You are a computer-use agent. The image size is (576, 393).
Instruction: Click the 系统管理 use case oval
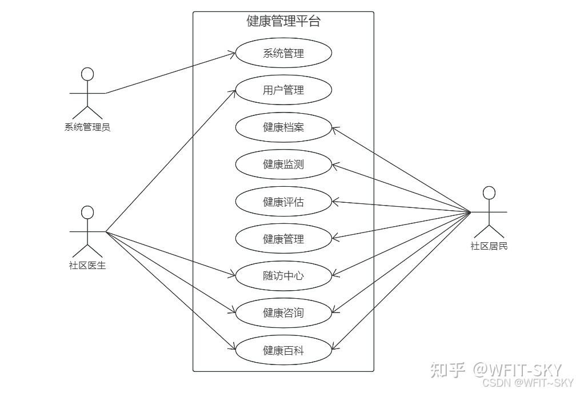point(283,54)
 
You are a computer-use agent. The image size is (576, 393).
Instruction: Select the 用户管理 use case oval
point(283,90)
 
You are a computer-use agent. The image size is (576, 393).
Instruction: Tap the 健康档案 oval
point(283,127)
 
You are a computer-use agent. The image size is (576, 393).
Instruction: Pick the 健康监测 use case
point(283,165)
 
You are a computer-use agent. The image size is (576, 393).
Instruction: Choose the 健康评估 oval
point(283,202)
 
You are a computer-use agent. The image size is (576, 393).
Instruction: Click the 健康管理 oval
point(283,239)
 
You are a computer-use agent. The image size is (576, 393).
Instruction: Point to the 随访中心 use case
point(283,276)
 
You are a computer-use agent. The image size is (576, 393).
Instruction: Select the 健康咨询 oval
point(283,312)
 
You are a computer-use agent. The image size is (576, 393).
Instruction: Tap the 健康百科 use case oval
point(283,350)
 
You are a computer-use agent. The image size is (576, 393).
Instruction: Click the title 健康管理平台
point(283,22)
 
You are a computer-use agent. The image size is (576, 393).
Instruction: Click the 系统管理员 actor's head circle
point(87,74)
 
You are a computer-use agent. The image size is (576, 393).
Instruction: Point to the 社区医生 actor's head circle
point(87,212)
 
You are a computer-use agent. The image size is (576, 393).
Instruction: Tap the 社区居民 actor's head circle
point(489,193)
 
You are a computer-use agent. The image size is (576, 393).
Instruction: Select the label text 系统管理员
point(87,127)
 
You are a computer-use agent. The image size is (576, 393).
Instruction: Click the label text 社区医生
point(87,265)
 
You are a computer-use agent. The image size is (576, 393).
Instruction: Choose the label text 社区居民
point(489,246)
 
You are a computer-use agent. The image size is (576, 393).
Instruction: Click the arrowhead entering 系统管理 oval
point(233,54)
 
